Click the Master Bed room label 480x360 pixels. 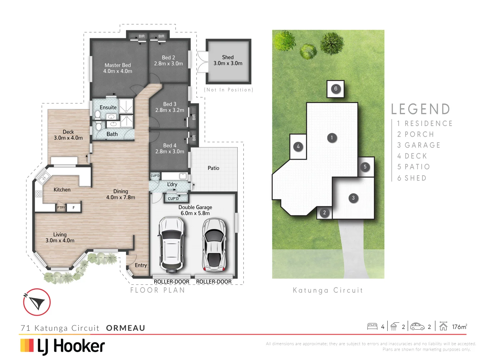click(x=118, y=65)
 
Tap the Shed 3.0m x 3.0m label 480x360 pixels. click(x=228, y=60)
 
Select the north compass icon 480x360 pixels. click(x=37, y=302)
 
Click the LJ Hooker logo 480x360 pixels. click(x=63, y=346)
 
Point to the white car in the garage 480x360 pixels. click(x=171, y=244)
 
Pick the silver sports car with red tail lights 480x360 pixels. click(x=214, y=244)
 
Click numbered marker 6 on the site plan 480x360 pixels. click(x=336, y=89)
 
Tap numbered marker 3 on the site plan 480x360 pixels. click(x=353, y=198)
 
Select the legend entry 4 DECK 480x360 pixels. click(x=412, y=156)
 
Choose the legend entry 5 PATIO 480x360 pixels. click(x=413, y=167)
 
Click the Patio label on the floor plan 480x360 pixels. click(x=213, y=168)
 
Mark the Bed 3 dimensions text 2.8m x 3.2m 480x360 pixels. click(x=170, y=110)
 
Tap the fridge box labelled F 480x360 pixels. click(x=74, y=208)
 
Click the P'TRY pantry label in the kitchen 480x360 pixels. click(x=61, y=208)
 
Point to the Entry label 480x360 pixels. click(x=141, y=265)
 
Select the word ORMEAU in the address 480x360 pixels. click(x=126, y=328)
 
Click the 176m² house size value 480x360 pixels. click(x=459, y=327)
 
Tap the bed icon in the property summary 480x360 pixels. click(x=372, y=326)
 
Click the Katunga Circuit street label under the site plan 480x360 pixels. click(x=328, y=290)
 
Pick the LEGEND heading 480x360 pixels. click(x=420, y=109)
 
